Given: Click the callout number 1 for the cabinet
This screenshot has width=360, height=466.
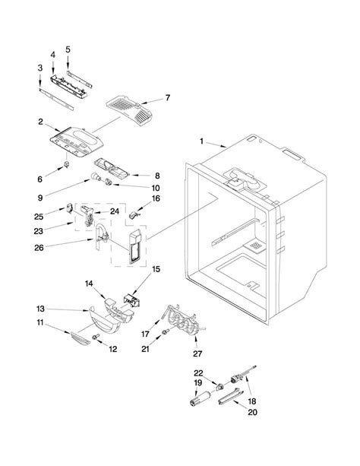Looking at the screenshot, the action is tap(202, 141).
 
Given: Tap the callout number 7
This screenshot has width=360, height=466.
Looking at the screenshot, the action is tap(168, 97).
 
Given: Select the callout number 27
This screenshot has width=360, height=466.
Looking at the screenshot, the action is tap(197, 353).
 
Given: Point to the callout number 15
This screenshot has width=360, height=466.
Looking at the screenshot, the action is tap(156, 269).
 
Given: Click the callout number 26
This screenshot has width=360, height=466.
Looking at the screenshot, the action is tap(39, 248).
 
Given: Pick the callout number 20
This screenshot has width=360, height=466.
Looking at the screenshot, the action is tap(252, 412).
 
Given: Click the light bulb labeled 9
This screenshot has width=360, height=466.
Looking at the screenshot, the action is tap(96, 176).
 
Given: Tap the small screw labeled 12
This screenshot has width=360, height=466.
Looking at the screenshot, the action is tap(96, 337).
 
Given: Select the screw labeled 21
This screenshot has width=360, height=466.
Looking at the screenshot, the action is tap(166, 331).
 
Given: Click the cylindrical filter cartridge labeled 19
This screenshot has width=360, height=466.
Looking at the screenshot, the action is tap(201, 398).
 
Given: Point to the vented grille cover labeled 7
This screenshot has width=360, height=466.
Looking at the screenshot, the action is tap(129, 110).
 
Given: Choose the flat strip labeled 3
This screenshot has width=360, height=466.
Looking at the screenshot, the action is tap(56, 100).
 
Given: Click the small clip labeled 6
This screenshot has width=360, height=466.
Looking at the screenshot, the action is tap(67, 164).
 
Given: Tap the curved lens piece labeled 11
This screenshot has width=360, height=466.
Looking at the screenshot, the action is tap(81, 339).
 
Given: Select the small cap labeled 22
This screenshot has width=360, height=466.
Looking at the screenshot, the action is tap(219, 387).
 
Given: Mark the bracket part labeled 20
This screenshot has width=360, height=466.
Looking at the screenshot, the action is tap(230, 397).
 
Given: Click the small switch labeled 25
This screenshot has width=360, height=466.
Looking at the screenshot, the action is tap(70, 208).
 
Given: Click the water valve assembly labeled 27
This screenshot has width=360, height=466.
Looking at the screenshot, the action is tap(185, 321).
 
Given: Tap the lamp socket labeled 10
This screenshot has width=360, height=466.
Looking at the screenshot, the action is tap(108, 182).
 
